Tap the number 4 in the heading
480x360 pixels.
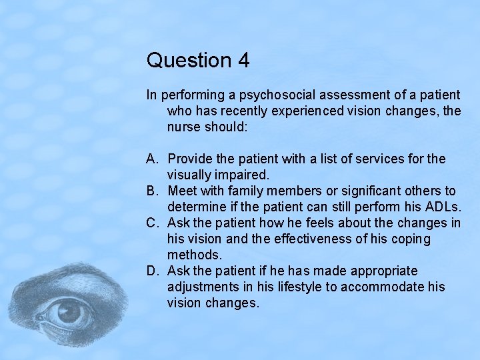pos(243,61)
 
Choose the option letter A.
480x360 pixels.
pos(152,159)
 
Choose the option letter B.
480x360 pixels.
pos(152,191)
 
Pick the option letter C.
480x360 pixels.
pos(152,223)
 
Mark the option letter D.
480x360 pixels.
pos(152,271)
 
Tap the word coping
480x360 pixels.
pos(413,239)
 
